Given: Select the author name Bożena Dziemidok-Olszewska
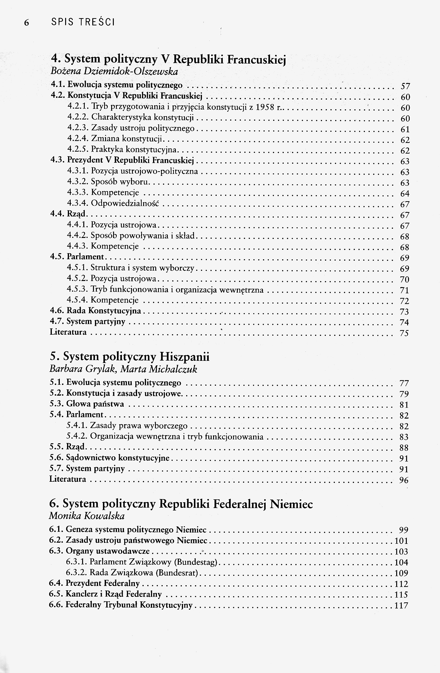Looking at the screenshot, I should point(114,71).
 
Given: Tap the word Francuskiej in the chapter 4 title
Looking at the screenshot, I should point(257,59).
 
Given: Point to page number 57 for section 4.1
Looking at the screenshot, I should point(405,86).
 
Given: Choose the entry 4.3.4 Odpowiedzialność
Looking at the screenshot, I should point(113,203).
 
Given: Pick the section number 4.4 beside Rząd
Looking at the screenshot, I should point(57,214).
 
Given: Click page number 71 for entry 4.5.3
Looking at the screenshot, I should point(405,290).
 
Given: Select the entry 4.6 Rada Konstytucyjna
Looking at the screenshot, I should point(95,311).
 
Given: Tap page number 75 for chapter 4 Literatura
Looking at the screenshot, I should point(404,333).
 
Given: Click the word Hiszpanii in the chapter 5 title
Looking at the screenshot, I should point(184,357).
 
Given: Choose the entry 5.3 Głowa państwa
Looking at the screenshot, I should point(87,404).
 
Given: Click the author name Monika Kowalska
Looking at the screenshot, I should point(87,516).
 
